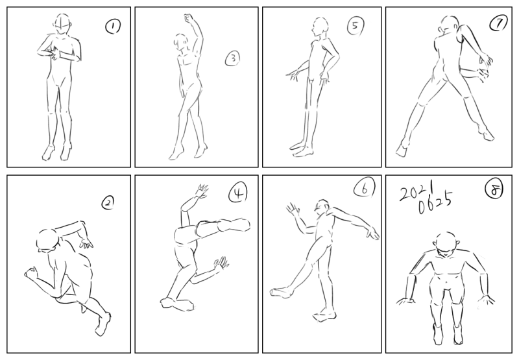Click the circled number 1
(x=113, y=27)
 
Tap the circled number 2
(x=108, y=203)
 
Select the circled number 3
(x=233, y=58)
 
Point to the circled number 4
(x=237, y=193)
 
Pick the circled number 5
(x=356, y=26)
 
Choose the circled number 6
(x=365, y=189)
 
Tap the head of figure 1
(x=63, y=24)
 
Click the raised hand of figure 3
(x=189, y=19)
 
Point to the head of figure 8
(x=446, y=243)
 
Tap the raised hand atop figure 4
(x=202, y=191)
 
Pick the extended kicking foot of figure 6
(x=282, y=292)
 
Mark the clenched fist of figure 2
(x=30, y=272)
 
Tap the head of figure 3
(x=181, y=42)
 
